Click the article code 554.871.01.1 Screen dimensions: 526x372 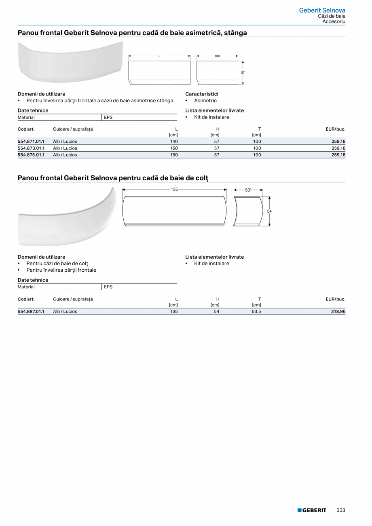click(31, 142)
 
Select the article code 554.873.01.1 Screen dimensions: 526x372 click(31, 148)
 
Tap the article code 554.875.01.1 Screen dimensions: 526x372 click(31, 154)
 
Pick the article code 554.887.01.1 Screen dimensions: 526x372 click(31, 311)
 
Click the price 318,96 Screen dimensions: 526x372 click(338, 311)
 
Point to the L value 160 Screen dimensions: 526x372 click(174, 154)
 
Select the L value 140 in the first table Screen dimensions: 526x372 click(174, 142)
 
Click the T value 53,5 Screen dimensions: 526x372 click(256, 311)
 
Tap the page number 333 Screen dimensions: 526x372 click(341, 510)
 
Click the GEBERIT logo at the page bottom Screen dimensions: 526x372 click(312, 510)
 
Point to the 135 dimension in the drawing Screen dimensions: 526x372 click(174, 189)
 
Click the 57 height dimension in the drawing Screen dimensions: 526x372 click(243, 72)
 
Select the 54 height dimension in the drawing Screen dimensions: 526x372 click(269, 211)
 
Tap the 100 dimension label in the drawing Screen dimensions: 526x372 click(217, 56)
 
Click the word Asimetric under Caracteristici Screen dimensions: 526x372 click(205, 101)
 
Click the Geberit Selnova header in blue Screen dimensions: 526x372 click(322, 10)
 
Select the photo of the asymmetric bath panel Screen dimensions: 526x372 click(70, 61)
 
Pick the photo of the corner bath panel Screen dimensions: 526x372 click(67, 218)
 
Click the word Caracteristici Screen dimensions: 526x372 click(202, 94)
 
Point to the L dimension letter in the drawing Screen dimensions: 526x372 click(159, 56)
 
